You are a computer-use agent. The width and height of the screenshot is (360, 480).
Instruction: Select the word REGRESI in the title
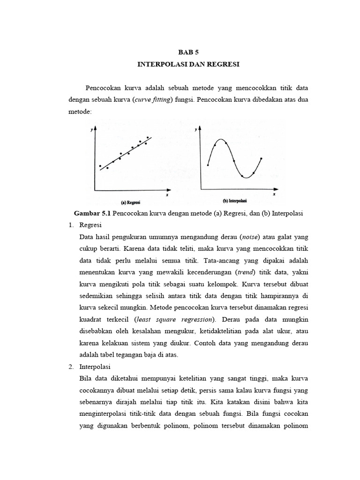pyautogui.click(x=223, y=64)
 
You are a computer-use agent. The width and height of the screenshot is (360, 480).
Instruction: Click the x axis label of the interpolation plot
pyautogui.click(x=274, y=193)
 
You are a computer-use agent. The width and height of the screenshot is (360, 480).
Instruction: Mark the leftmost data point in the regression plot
pyautogui.click(x=100, y=166)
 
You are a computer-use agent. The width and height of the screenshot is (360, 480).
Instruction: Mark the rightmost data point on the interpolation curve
pyautogui.click(x=261, y=158)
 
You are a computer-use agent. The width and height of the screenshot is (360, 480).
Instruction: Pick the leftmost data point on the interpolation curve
pyautogui.click(x=208, y=165)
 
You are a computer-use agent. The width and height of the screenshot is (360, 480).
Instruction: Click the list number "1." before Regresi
pyautogui.click(x=71, y=225)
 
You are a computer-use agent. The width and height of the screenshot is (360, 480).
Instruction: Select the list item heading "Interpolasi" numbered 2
pyautogui.click(x=95, y=366)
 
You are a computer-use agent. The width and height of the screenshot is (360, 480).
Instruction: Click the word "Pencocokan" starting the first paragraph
pyautogui.click(x=103, y=88)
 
